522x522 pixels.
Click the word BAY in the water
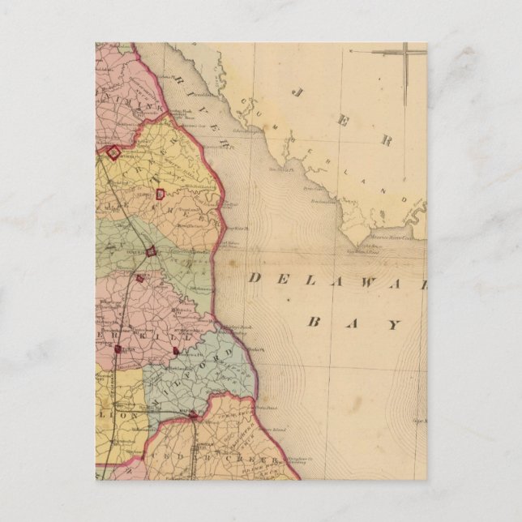(x=354, y=324)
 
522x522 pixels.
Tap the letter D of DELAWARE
(x=254, y=278)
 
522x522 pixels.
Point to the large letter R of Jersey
(x=387, y=140)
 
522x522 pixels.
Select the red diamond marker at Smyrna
(x=113, y=151)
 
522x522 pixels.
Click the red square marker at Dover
(x=151, y=250)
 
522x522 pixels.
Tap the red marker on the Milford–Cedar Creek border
(x=192, y=415)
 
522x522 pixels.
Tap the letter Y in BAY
(x=394, y=325)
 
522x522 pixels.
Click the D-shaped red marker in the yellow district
(x=160, y=194)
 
